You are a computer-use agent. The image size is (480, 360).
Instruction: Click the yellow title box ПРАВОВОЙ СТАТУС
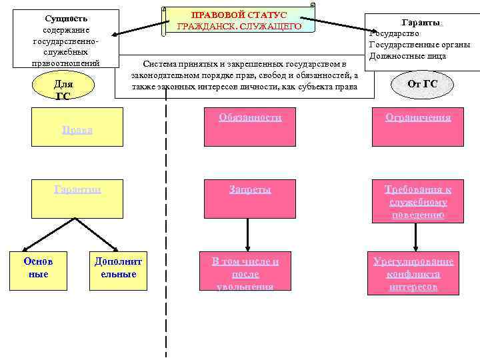click(238, 21)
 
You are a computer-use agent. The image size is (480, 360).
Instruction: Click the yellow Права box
click(77, 129)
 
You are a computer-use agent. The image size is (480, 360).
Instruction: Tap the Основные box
click(38, 269)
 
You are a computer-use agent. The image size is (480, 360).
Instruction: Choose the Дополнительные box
click(118, 269)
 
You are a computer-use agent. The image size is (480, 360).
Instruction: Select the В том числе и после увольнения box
click(245, 273)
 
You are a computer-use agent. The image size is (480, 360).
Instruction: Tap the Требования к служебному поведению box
click(418, 202)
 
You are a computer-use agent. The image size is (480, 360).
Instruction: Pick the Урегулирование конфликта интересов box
click(413, 273)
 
